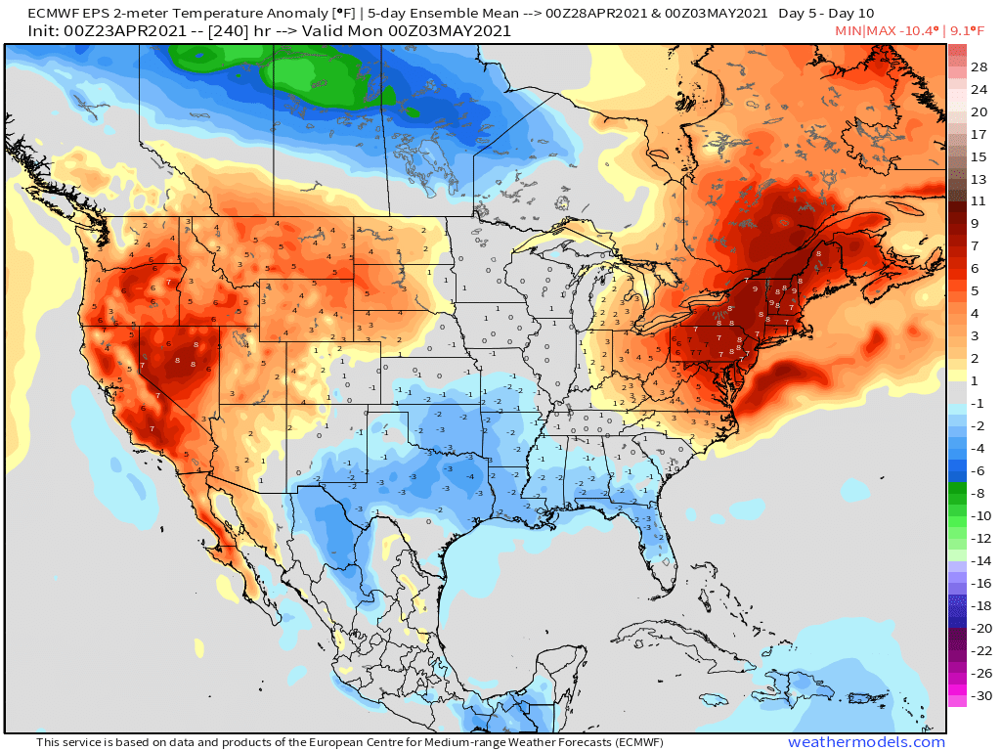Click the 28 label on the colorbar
(x=979, y=67)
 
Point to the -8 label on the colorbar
(x=979, y=494)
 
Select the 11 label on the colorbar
(x=979, y=200)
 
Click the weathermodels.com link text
(x=866, y=742)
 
